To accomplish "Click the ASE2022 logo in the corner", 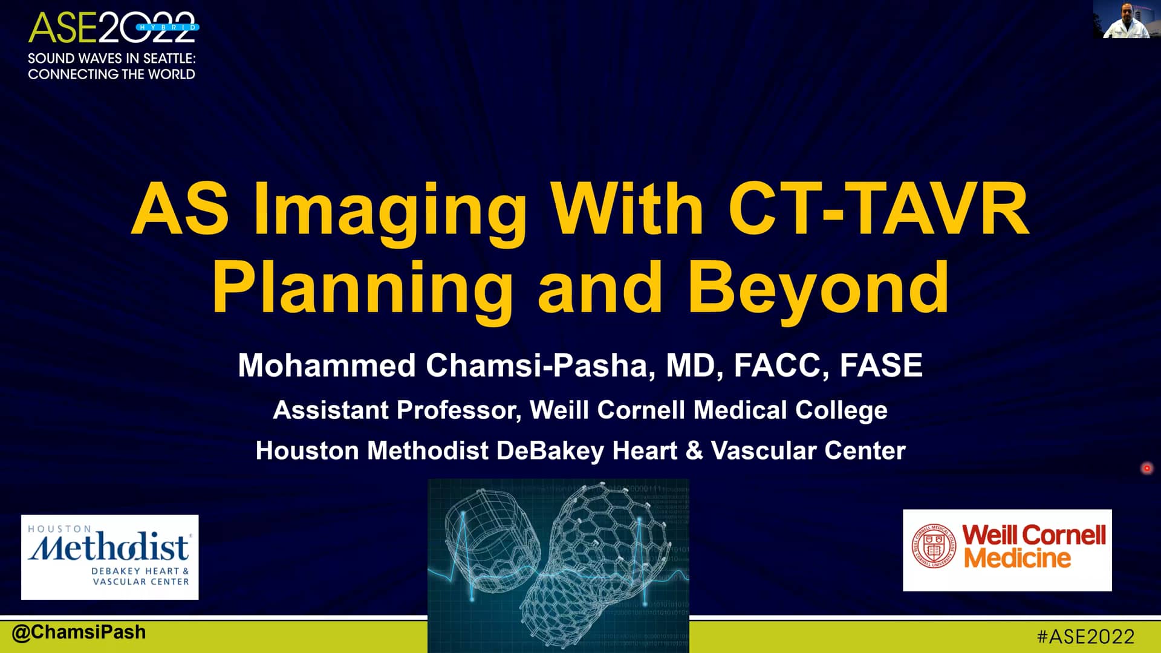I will tap(113, 28).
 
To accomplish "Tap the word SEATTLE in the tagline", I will tap(168, 59).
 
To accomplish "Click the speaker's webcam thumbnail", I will tap(1126, 19).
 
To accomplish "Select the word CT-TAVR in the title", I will tap(877, 209).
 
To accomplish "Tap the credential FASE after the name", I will tap(881, 366).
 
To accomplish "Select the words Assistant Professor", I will tap(397, 411).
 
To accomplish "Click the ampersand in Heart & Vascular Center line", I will tap(694, 451).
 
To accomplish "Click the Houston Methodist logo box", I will tap(109, 557).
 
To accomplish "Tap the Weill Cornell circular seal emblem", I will tap(934, 546).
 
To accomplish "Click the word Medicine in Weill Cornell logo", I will tap(1017, 557).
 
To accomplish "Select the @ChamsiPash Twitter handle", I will tap(79, 632).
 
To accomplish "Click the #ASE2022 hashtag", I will tap(1085, 637).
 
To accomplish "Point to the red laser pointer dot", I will tap(1146, 468).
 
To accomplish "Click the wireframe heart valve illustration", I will tap(558, 565).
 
